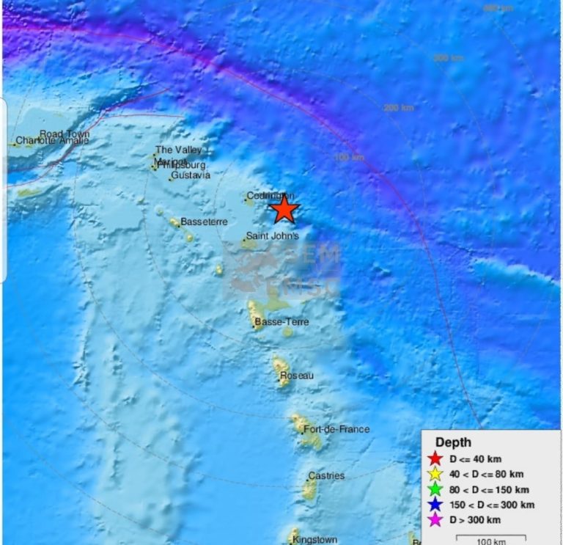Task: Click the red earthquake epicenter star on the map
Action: [284, 210]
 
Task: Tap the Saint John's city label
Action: [272, 236]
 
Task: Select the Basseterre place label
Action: [204, 222]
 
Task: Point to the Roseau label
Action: [297, 376]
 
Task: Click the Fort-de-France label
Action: [336, 429]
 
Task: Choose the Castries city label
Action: [326, 476]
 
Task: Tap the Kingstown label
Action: [314, 540]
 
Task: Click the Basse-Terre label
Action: [281, 322]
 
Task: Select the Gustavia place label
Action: [191, 175]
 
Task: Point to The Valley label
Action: [178, 150]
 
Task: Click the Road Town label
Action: [65, 133]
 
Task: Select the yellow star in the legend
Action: [435, 474]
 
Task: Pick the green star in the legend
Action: [435, 489]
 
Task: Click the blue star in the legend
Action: [435, 505]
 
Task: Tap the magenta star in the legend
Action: [435, 520]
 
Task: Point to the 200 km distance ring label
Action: [399, 108]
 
